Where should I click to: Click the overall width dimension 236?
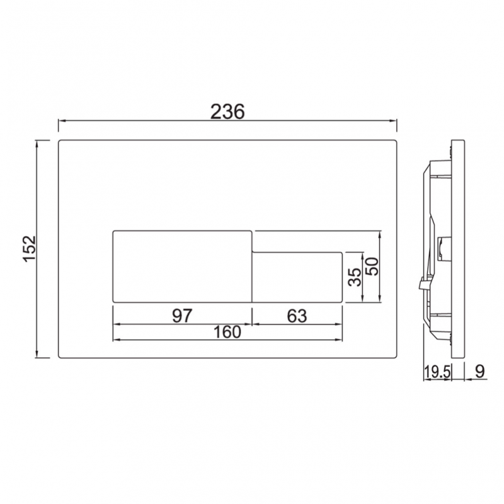point(227,112)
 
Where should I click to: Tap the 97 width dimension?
point(181,316)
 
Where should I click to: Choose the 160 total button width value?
point(227,331)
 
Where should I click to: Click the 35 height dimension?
point(355,277)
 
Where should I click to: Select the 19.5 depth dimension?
point(437,372)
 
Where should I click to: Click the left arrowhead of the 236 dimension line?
point(61,122)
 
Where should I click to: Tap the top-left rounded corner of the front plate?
point(61,142)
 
